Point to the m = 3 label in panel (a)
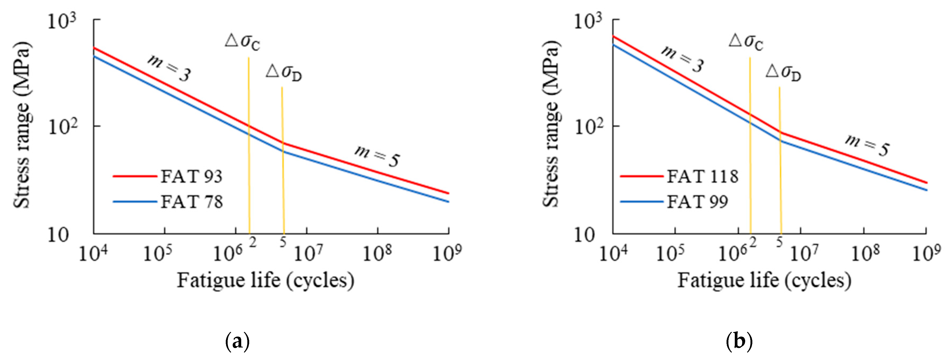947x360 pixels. pyautogui.click(x=169, y=68)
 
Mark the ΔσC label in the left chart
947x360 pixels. pyautogui.click(x=243, y=42)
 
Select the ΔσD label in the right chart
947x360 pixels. pyautogui.click(x=783, y=72)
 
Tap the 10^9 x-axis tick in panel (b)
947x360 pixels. pyautogui.click(x=926, y=253)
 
